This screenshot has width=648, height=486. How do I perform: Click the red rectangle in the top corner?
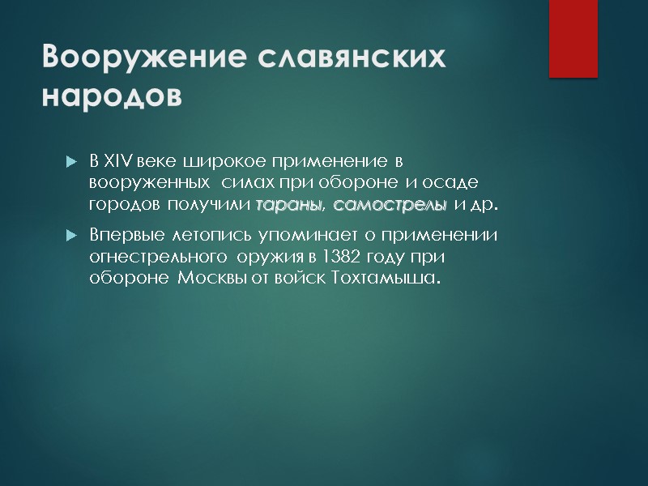point(573,38)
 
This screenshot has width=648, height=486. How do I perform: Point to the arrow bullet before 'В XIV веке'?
point(70,160)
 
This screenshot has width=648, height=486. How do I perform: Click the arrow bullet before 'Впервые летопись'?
point(70,237)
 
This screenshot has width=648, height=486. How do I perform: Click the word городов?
point(123,203)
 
